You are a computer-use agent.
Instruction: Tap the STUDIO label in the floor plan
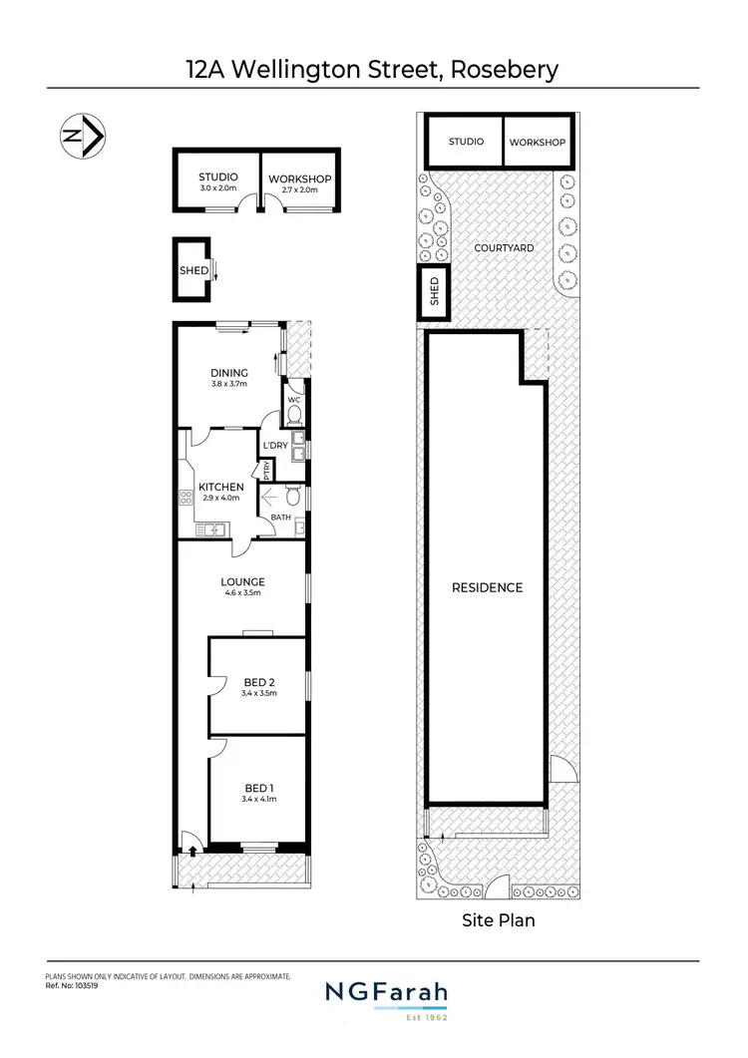tap(217, 177)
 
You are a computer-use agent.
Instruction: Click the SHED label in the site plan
tap(434, 291)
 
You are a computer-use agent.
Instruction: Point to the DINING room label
tap(228, 374)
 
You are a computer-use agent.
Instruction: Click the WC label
tap(294, 400)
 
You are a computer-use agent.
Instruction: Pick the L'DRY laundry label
tap(274, 446)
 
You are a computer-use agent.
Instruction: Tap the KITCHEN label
tap(220, 487)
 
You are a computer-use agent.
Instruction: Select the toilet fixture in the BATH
tap(292, 496)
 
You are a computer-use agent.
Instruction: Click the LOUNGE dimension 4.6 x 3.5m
tap(242, 593)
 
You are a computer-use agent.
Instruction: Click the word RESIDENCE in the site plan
tap(488, 587)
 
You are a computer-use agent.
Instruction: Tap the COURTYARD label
tap(504, 248)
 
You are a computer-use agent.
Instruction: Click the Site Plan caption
tap(498, 920)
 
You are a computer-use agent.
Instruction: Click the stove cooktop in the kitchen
tap(187, 498)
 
